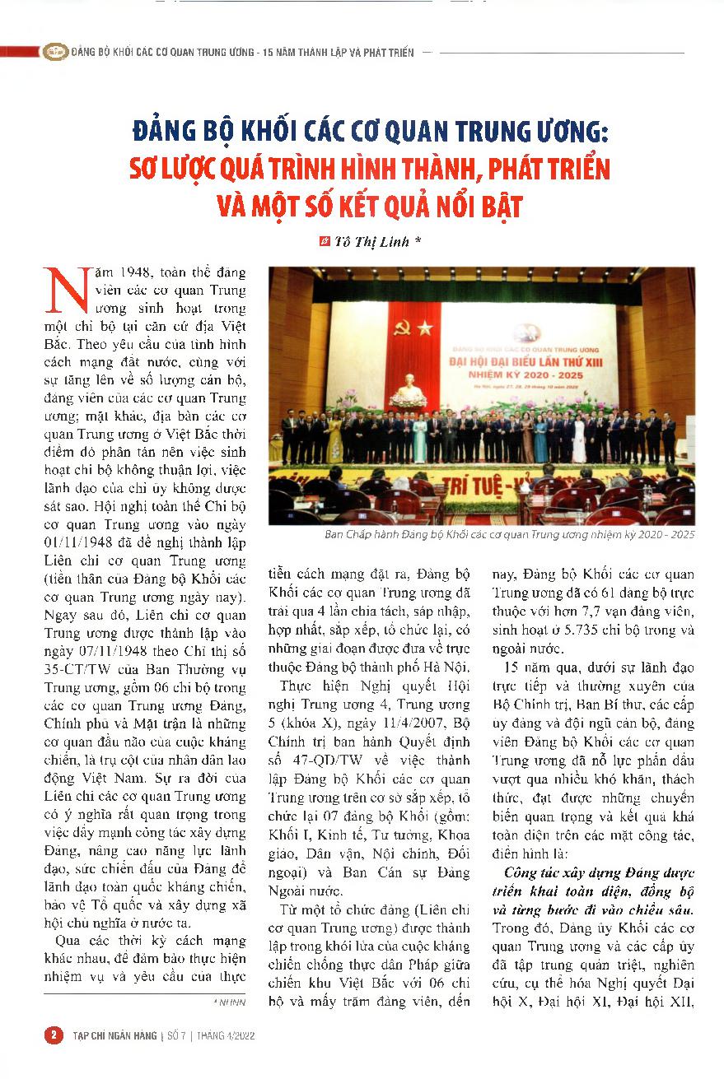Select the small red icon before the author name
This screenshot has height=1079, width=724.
click(x=324, y=243)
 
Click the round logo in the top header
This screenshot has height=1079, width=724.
click(x=55, y=51)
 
